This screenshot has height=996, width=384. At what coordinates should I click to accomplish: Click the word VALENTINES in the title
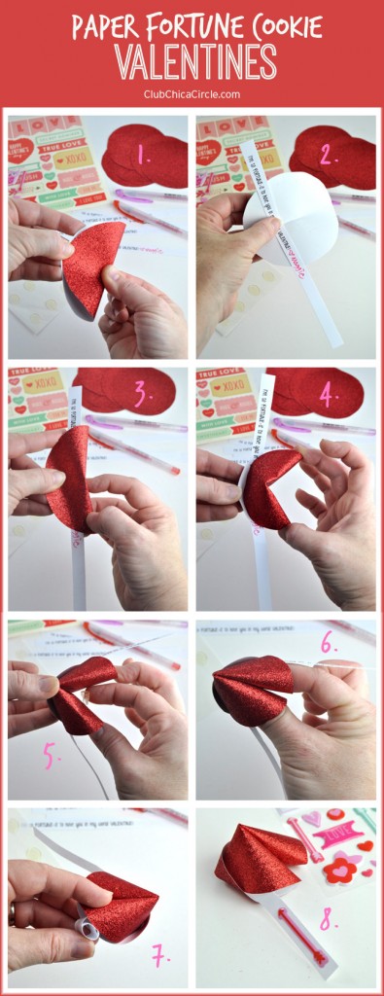(x=192, y=61)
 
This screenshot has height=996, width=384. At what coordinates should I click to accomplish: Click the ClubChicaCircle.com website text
(x=192, y=94)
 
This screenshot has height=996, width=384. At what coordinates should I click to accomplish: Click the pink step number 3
(x=143, y=394)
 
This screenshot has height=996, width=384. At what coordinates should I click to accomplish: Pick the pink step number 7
(x=160, y=957)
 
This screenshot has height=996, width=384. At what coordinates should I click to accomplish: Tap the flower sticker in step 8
(x=340, y=866)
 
